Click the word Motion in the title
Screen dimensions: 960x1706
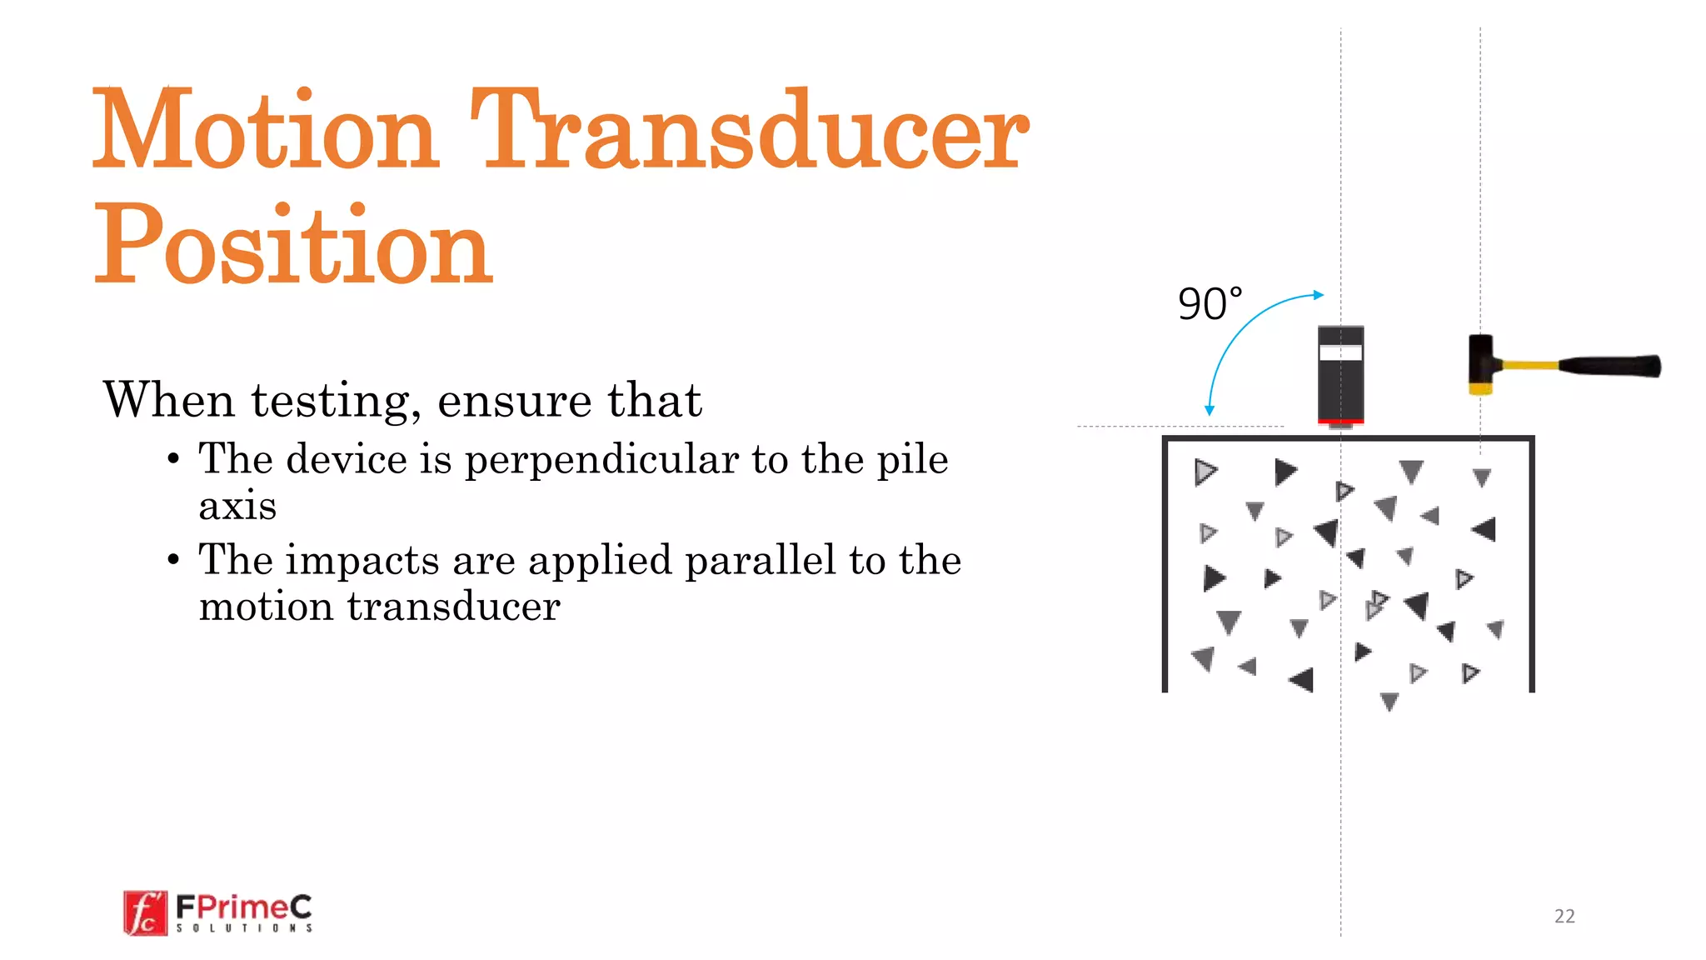pos(265,130)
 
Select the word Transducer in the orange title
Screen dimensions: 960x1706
pos(750,130)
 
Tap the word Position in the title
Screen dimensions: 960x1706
pos(293,245)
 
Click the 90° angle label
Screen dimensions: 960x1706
pos(1210,304)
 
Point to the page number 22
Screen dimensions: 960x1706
pos(1564,916)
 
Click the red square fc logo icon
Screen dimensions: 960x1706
pos(145,913)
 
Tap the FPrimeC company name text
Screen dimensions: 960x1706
pos(243,906)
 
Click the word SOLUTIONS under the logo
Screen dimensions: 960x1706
pos(244,927)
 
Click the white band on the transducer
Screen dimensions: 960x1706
pos(1340,353)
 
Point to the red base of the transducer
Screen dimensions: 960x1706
pos(1340,421)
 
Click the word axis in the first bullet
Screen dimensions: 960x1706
pos(237,506)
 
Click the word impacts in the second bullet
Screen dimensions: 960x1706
pos(362,560)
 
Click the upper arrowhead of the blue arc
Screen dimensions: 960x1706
pos(1318,295)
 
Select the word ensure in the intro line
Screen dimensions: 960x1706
pos(514,401)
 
